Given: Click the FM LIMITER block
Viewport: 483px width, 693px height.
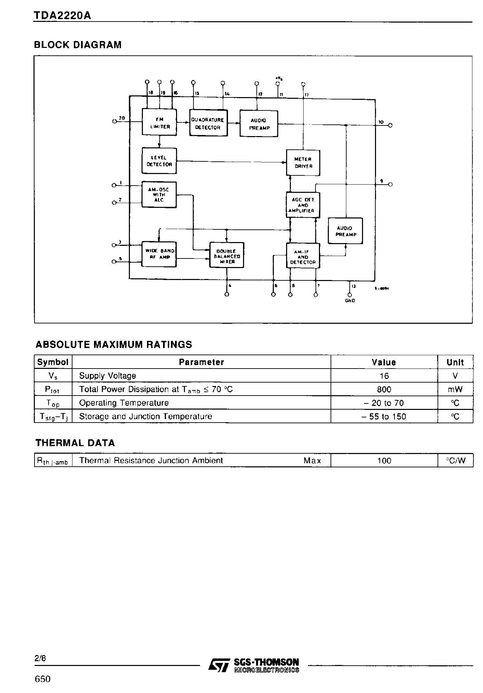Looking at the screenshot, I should [x=159, y=123].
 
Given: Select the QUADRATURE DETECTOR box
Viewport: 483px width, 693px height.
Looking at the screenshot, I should [x=208, y=123].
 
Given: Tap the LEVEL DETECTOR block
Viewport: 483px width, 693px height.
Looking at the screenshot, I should [x=159, y=161].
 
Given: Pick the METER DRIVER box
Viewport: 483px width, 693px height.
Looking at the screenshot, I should [x=303, y=162].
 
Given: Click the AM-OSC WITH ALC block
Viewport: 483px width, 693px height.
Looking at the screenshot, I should [x=159, y=195].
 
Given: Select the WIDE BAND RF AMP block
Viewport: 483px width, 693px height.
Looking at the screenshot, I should [x=159, y=254].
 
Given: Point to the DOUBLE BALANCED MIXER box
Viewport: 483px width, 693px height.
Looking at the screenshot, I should [x=227, y=255].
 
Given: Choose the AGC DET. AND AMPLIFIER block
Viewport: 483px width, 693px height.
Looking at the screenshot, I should [x=303, y=205].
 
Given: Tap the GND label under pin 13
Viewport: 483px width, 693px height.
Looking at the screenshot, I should [x=350, y=301].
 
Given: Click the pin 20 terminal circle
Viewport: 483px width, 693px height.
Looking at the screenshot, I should [x=115, y=121].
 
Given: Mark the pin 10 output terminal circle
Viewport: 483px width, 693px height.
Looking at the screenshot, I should [x=390, y=125].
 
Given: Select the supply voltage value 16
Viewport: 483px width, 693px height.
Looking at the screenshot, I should [x=384, y=376].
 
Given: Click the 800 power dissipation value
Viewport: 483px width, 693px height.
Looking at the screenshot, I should [x=384, y=389].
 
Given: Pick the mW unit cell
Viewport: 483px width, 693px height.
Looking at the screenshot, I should [x=455, y=389].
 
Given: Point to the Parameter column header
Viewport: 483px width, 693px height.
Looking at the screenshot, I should [x=201, y=362].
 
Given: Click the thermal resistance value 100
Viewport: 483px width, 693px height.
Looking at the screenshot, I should [x=384, y=461].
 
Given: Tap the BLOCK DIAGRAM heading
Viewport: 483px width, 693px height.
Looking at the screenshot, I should [x=78, y=45].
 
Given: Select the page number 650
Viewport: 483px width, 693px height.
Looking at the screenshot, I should [x=43, y=679].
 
